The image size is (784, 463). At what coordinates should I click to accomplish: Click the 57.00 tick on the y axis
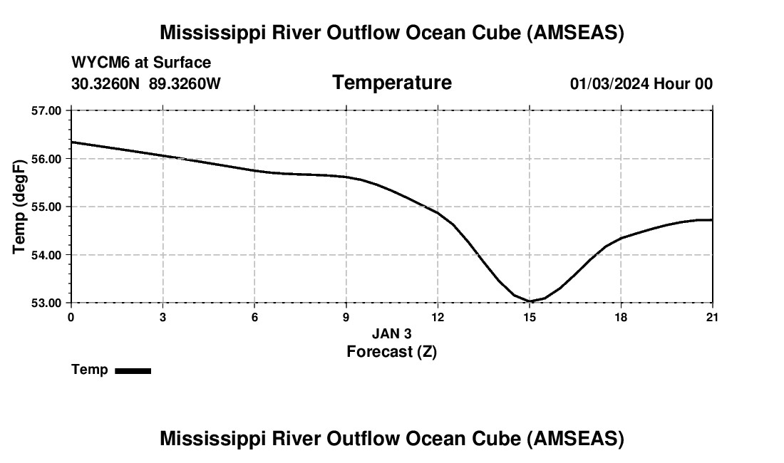tap(46, 110)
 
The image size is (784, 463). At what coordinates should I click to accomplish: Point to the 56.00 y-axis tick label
tap(46, 159)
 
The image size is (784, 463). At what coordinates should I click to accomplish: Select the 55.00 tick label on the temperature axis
tap(46, 207)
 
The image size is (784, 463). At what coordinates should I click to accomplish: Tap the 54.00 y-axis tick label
tap(46, 255)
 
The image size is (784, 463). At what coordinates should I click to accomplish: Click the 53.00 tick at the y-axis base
tap(46, 303)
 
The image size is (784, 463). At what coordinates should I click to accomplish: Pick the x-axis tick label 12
tap(438, 317)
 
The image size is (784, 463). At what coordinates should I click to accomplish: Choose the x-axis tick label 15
tap(530, 317)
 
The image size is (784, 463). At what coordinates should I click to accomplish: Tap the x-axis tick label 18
tap(621, 317)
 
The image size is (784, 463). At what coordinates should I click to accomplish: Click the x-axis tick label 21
tap(712, 317)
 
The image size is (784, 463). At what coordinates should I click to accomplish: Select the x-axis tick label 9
tap(346, 317)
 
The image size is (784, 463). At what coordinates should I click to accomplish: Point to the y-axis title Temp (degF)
tap(20, 207)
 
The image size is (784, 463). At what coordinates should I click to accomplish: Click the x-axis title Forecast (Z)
tap(391, 351)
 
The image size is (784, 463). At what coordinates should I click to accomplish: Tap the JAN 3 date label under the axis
tap(392, 333)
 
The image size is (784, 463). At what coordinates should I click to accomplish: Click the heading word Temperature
tap(392, 83)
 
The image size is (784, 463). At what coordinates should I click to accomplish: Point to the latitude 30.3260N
tap(106, 83)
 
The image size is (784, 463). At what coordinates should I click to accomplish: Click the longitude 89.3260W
tap(185, 83)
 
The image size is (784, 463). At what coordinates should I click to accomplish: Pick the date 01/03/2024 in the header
tap(609, 83)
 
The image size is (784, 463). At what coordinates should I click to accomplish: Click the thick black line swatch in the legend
tap(133, 370)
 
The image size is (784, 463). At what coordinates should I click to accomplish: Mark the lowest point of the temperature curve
tap(530, 301)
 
